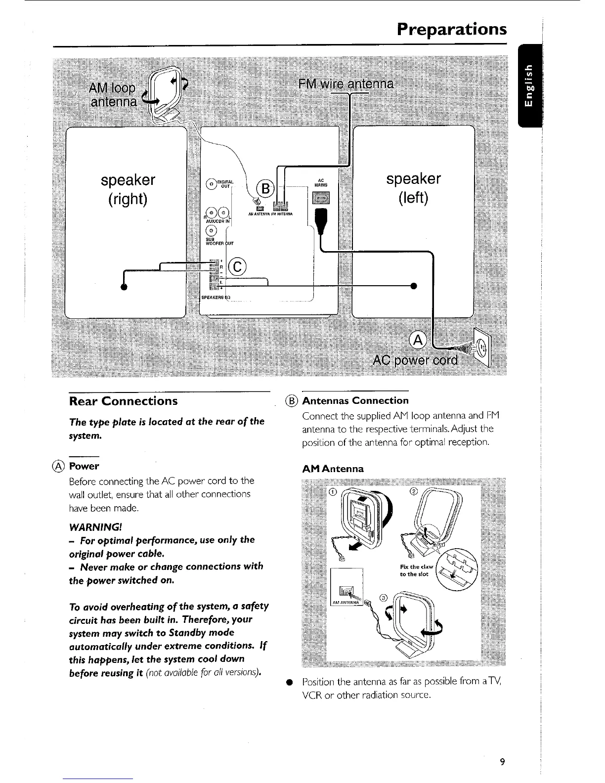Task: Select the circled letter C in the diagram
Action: [238, 267]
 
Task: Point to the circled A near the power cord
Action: [418, 340]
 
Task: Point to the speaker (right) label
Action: [128, 188]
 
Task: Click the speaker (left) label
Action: [413, 188]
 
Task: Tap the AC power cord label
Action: [416, 360]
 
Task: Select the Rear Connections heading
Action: [124, 401]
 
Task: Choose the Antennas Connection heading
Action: [355, 400]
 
